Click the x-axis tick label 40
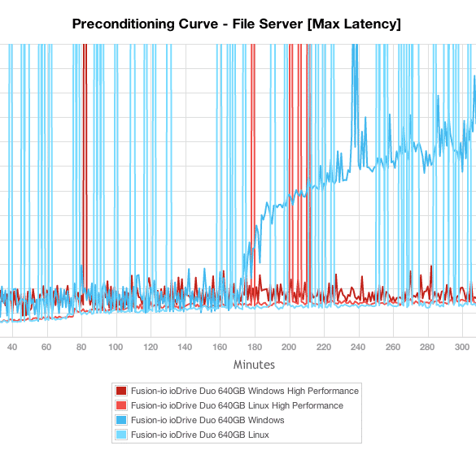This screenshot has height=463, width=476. point(12,347)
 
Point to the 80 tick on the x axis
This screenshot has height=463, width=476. point(81,347)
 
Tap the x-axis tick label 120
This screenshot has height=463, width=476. point(151,347)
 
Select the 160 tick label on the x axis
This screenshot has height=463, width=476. point(220,347)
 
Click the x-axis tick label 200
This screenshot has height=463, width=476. point(289,347)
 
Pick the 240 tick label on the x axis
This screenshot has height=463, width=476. point(358,347)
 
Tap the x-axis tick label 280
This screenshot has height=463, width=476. point(427,347)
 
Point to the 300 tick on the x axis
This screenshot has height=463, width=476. point(462,347)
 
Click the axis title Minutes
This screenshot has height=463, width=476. point(254,365)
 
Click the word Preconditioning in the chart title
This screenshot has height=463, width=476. point(123,24)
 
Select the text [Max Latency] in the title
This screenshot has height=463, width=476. point(354,24)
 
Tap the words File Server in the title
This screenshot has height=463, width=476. point(268,24)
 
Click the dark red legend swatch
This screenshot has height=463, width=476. point(121,391)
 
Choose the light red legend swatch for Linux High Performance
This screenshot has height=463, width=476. point(121,405)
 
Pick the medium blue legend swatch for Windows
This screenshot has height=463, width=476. point(121,420)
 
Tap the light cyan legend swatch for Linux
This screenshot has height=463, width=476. point(121,435)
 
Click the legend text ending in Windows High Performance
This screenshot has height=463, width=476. point(245,392)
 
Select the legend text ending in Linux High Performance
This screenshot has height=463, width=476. point(237,405)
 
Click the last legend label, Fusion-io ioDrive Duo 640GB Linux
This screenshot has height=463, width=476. point(200,435)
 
